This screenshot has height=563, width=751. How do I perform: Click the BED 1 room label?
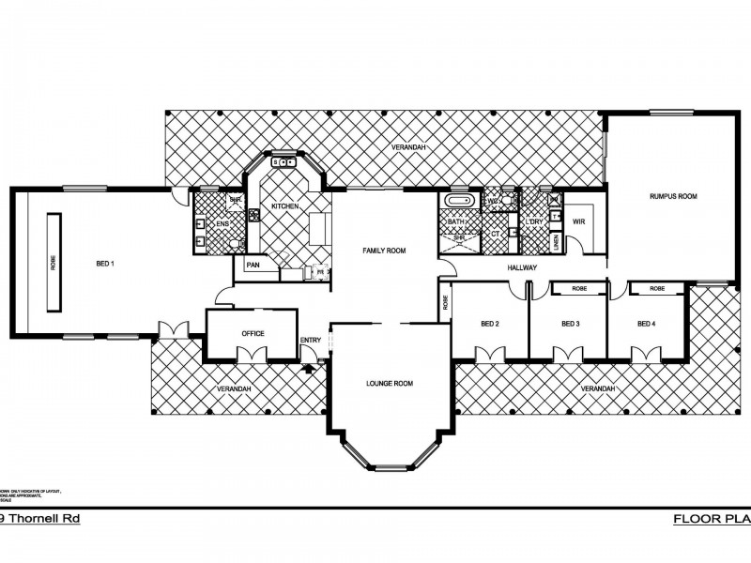pyautogui.click(x=105, y=264)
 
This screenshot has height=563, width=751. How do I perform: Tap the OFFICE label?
pyautogui.click(x=253, y=333)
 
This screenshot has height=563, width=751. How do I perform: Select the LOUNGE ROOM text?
pyautogui.click(x=389, y=383)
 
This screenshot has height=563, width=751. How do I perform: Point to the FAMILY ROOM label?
pyautogui.click(x=384, y=251)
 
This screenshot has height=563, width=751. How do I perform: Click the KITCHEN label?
pyautogui.click(x=284, y=205)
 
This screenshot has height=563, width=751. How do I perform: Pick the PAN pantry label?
pyautogui.click(x=253, y=265)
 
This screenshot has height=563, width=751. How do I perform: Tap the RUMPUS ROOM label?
pyautogui.click(x=673, y=196)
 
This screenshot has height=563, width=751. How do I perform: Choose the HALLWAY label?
pyautogui.click(x=522, y=267)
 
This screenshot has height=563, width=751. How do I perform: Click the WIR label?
pyautogui.click(x=578, y=221)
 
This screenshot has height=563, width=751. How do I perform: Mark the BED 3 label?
pyautogui.click(x=570, y=324)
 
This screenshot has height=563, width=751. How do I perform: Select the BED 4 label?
pyautogui.click(x=646, y=324)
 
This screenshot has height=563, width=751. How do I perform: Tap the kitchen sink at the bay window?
pyautogui.click(x=284, y=163)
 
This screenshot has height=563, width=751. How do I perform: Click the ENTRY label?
pyautogui.click(x=310, y=340)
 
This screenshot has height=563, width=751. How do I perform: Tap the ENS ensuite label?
pyautogui.click(x=223, y=223)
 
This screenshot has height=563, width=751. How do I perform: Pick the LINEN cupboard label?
pyautogui.click(x=557, y=242)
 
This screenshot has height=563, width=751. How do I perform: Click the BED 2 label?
pyautogui.click(x=490, y=324)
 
